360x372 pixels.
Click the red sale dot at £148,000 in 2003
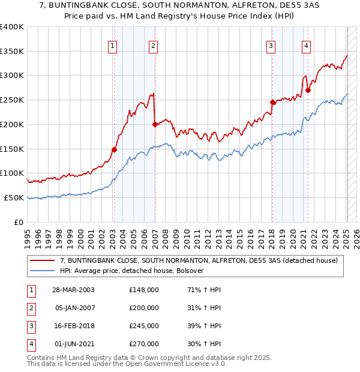click(x=114, y=149)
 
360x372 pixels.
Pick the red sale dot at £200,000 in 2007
click(x=155, y=124)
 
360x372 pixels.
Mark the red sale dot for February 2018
click(x=272, y=102)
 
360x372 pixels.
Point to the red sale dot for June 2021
click(x=308, y=90)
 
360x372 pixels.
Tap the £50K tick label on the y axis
click(x=14, y=197)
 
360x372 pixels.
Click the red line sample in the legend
click(x=43, y=260)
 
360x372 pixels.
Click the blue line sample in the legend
click(x=43, y=271)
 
